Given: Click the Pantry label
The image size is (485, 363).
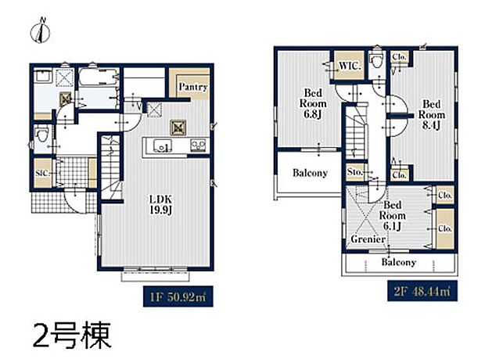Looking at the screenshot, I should coord(192,87).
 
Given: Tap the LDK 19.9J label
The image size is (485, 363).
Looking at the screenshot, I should coord(160,204).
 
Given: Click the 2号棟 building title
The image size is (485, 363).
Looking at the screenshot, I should coord(71,334).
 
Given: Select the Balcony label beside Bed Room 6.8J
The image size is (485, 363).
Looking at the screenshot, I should coord(310,173).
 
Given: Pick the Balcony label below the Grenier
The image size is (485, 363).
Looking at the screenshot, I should coord(398,263).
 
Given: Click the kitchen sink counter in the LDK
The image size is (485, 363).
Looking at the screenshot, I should coord(172,146).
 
